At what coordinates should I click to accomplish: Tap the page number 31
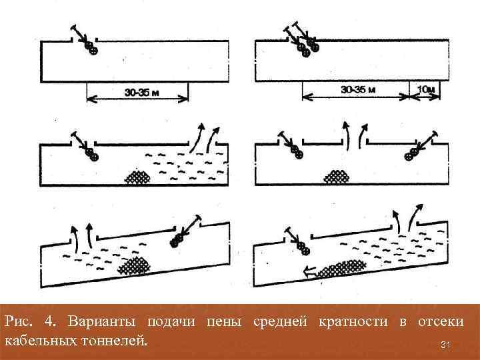(x=447, y=345)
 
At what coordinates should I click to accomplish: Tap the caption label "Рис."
(x=19, y=323)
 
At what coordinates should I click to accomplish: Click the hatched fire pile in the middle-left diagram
(x=139, y=177)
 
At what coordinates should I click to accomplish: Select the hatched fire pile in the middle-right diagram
(x=337, y=177)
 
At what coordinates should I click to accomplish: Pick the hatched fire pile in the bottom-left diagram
(x=135, y=265)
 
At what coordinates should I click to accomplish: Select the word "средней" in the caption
(x=281, y=323)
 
